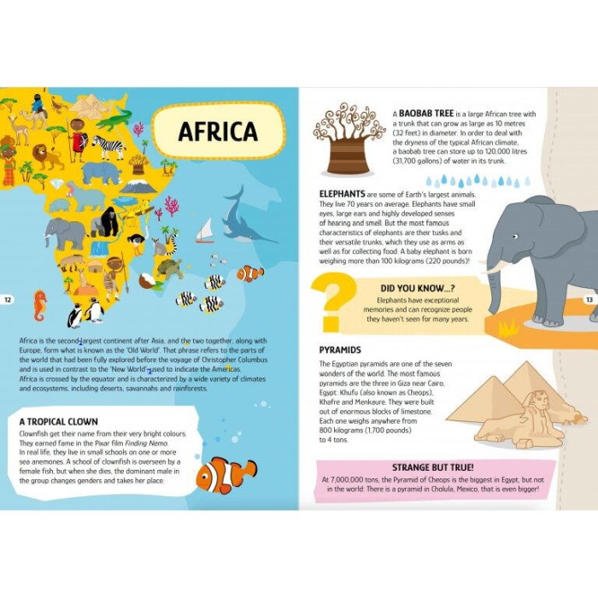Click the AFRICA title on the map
[218, 132]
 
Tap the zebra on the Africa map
[108, 148]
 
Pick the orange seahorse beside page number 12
[39, 305]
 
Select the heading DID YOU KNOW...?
[419, 289]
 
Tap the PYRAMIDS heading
[340, 350]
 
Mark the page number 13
[589, 299]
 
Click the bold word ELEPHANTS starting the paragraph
[343, 193]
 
